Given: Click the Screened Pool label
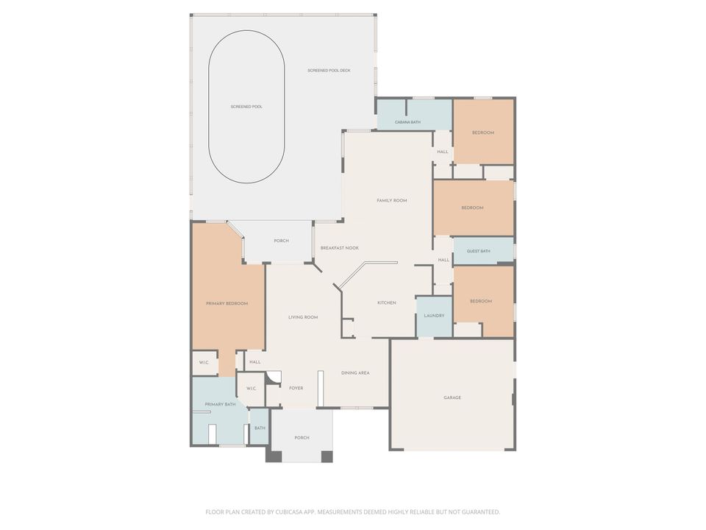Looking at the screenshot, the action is (x=246, y=107).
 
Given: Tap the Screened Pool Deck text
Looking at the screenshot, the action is (x=329, y=71).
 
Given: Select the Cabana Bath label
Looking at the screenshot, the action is (x=407, y=122).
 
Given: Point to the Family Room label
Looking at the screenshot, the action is (x=392, y=200).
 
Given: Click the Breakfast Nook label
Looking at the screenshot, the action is (x=340, y=248).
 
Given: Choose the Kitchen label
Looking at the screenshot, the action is (x=386, y=303).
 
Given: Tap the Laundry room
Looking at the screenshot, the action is (x=434, y=316).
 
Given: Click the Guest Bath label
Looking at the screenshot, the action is (x=478, y=251).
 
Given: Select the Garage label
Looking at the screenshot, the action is (x=452, y=397).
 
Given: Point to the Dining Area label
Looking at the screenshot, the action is (x=355, y=372).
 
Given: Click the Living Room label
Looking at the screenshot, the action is (x=303, y=317).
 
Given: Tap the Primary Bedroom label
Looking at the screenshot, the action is (x=227, y=304).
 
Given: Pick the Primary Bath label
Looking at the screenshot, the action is (x=220, y=404).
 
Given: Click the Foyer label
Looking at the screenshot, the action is (x=296, y=388).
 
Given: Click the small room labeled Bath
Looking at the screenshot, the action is (x=260, y=427).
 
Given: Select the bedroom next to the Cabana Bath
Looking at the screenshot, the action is (x=484, y=132).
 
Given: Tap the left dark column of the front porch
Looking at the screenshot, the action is (x=274, y=456).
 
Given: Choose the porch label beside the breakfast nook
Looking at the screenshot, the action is (x=282, y=241).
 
